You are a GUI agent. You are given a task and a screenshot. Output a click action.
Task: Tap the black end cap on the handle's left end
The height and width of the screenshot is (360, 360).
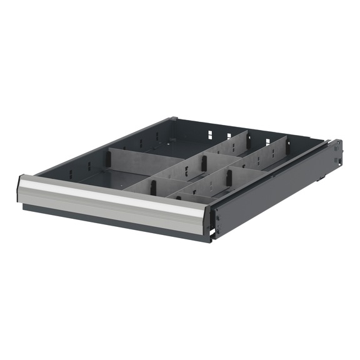[21, 188]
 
